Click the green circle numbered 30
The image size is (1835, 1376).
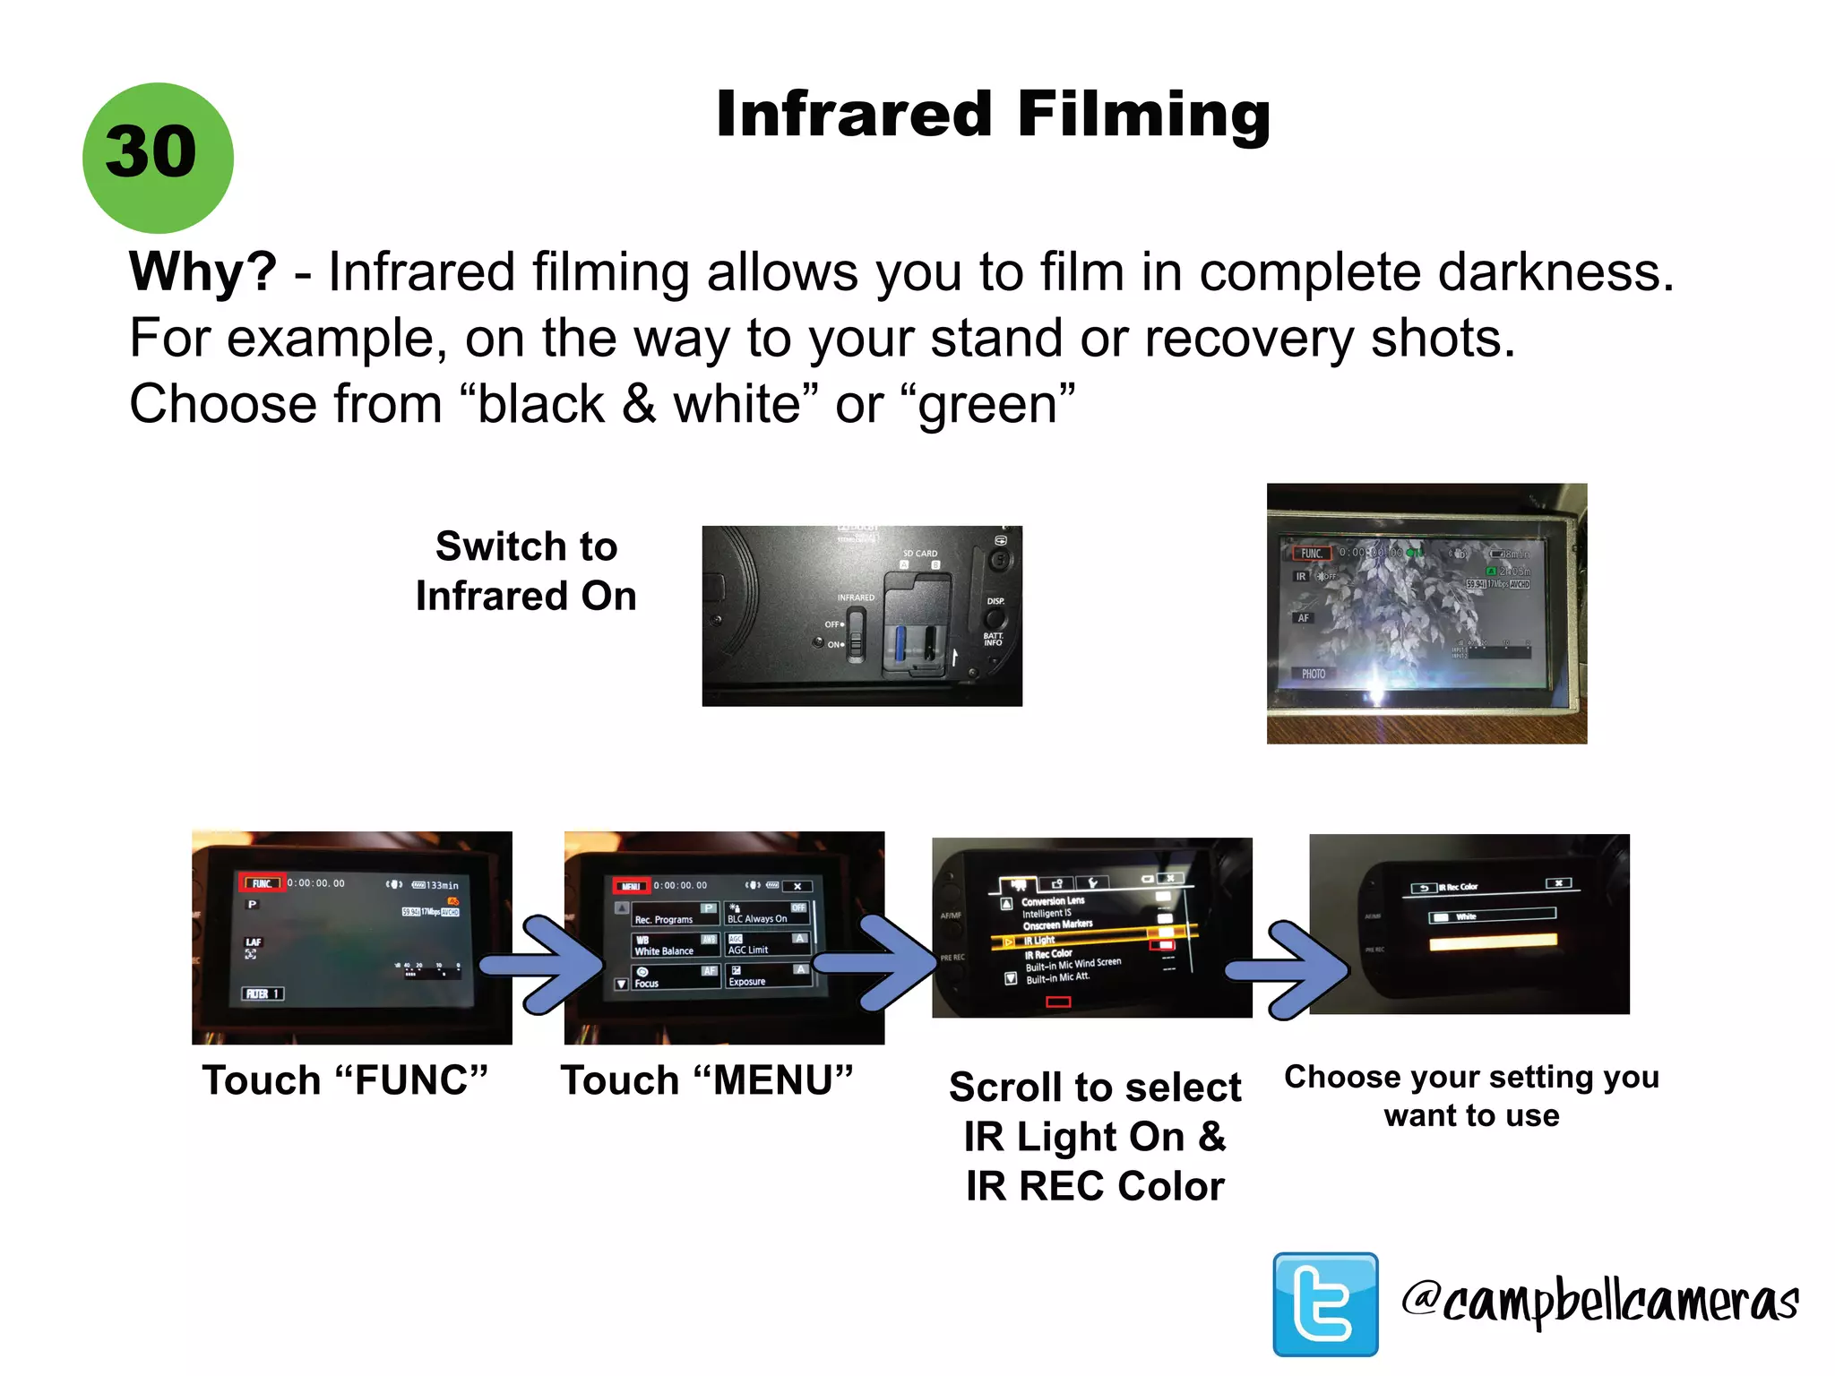click(158, 158)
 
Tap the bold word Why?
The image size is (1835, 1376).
click(203, 271)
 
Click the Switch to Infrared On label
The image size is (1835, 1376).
click(526, 571)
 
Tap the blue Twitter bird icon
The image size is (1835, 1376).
click(1325, 1303)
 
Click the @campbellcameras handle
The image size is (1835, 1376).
click(1599, 1301)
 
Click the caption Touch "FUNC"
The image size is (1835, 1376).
click(345, 1080)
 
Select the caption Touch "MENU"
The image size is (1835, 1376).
click(706, 1080)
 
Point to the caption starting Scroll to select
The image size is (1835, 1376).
click(1094, 1136)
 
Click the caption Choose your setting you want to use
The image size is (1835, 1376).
click(1471, 1096)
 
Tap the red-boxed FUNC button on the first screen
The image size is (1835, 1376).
click(262, 883)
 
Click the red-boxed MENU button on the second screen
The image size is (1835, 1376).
click(631, 886)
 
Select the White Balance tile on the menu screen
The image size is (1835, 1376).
click(675, 945)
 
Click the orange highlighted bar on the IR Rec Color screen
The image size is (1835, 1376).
click(1493, 942)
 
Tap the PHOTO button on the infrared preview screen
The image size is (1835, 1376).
click(1314, 674)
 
